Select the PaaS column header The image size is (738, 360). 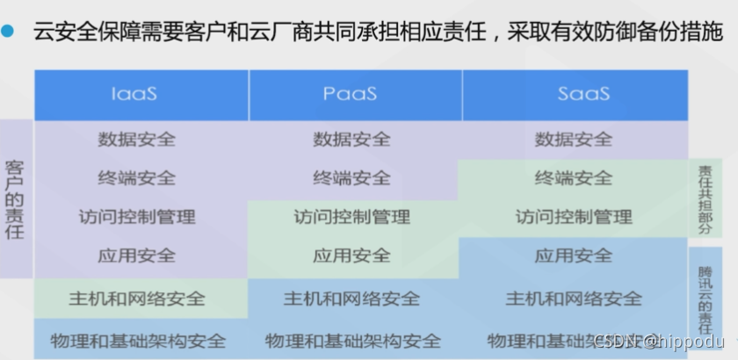click(351, 93)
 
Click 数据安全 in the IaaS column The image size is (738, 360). click(137, 139)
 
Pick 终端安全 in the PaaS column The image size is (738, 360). click(351, 177)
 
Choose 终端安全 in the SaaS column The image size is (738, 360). click(574, 177)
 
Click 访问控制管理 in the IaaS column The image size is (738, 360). click(137, 216)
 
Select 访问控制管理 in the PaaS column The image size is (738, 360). click(351, 216)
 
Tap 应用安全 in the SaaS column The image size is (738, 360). click(574, 256)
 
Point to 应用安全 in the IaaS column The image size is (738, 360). click(137, 256)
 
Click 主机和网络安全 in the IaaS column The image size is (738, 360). click(137, 299)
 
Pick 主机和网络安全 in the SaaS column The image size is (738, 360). click(574, 299)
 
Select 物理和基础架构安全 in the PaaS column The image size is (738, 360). click(351, 341)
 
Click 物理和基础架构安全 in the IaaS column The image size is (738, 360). click(137, 341)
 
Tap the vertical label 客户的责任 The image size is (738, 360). click(15, 199)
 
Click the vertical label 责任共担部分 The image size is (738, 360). click(705, 198)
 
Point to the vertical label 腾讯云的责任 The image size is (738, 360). click(705, 299)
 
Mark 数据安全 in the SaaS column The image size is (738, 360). click(574, 139)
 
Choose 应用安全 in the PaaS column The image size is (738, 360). click(351, 256)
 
